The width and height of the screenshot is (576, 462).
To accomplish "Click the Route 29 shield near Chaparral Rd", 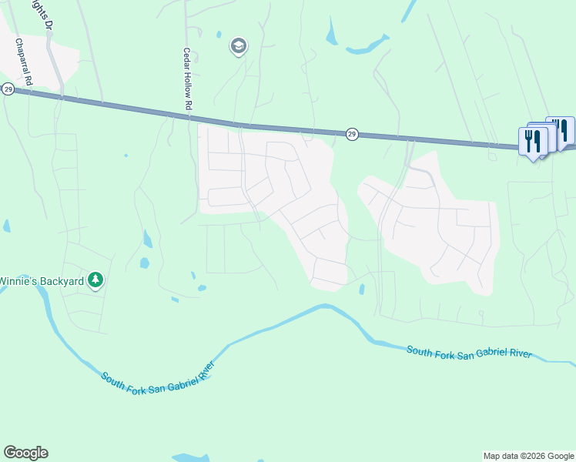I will coord(8,89).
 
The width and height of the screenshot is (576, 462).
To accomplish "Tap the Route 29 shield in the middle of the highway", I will coord(351,134).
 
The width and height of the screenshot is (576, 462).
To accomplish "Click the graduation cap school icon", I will coord(239,47).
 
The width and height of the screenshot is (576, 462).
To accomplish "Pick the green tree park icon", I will coord(95,280).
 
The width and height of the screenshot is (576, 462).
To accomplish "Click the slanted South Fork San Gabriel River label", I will coord(157,375).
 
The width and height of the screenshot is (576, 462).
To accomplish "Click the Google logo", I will coord(25,453).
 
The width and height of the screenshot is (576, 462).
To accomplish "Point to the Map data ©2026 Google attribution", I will coord(528,456).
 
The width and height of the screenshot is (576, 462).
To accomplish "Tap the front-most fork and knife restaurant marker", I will coord(532,141).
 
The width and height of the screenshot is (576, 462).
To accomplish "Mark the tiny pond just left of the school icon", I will coord(219,35).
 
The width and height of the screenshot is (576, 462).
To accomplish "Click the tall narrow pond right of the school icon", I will coord(331,32).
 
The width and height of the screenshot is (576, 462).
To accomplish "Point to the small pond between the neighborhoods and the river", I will coord(361,290).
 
